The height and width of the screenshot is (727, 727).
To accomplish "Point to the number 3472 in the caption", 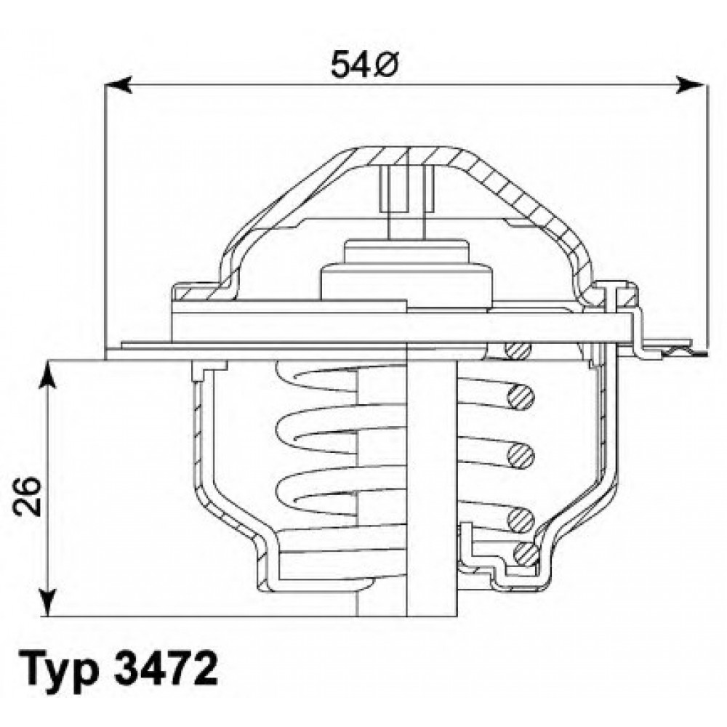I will pos(165,670).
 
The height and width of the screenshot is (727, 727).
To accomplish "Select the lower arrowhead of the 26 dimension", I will pos(48,603).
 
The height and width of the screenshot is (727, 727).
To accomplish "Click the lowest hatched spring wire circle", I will pos(526,555).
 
